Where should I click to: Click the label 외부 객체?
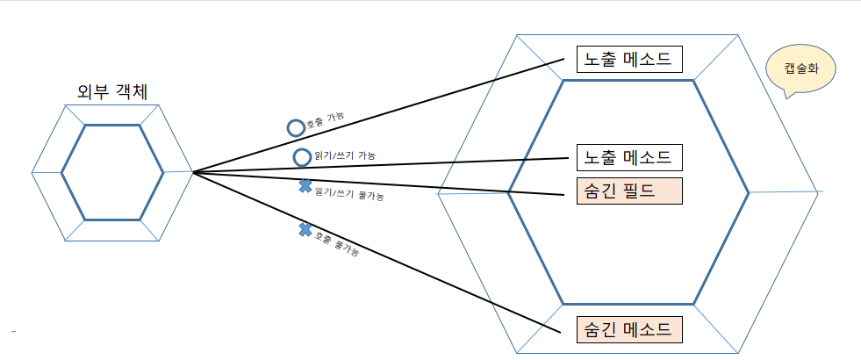tap(111, 90)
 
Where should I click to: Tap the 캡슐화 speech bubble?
tap(800, 68)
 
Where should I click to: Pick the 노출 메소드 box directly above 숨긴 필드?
tap(628, 158)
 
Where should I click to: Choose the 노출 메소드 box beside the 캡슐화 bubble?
tap(628, 60)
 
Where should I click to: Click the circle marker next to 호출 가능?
tap(296, 127)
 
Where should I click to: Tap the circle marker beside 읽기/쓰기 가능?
tap(302, 157)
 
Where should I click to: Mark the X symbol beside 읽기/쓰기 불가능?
tap(305, 185)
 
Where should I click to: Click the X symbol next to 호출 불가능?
tap(305, 230)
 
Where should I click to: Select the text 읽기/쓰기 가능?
tap(345, 155)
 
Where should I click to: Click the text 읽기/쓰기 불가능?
tap(348, 193)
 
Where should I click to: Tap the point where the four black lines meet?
tap(194, 172)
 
